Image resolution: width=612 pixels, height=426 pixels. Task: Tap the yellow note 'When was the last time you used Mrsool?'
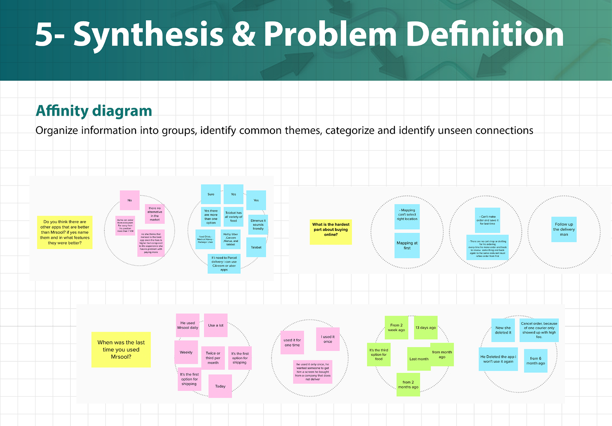tap(121, 349)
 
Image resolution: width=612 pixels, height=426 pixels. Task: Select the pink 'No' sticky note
tap(129, 200)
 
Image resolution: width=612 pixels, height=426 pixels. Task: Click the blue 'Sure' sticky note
tap(211, 194)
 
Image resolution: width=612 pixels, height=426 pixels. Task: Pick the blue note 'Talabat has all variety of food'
tap(233, 217)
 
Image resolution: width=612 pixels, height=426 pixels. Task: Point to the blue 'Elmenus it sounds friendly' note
tap(258, 224)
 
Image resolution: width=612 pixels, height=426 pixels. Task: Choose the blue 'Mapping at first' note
tap(407, 246)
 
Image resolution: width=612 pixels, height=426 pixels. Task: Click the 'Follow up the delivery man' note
tap(564, 229)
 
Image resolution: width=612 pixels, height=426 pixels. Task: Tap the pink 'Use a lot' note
tap(215, 325)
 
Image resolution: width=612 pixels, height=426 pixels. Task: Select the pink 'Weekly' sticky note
tap(186, 352)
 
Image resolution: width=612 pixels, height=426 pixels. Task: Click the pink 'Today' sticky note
tap(220, 386)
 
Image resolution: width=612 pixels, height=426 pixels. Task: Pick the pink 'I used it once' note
tap(328, 339)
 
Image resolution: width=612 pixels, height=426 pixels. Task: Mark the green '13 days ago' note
tap(426, 327)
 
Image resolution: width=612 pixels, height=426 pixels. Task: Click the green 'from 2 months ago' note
tap(408, 385)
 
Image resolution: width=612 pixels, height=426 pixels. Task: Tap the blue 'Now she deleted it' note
tap(503, 330)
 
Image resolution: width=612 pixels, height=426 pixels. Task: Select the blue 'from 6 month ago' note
tap(535, 361)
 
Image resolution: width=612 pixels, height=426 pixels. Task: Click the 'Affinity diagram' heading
tap(94, 111)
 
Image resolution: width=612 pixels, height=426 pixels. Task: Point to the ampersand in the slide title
tap(244, 34)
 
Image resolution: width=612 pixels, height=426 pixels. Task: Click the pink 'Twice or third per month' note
tap(213, 358)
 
